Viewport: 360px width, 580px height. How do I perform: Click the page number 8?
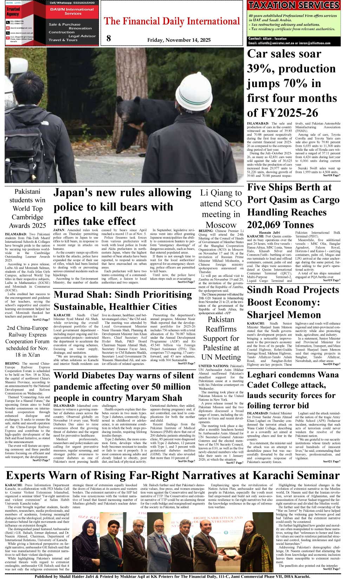[x=109, y=38]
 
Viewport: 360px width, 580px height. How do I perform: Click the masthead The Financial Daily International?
[x=172, y=21]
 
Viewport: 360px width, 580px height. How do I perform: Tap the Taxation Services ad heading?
[x=293, y=5]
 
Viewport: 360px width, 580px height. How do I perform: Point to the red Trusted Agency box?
[x=13, y=12]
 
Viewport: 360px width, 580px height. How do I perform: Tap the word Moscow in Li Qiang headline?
[x=221, y=225]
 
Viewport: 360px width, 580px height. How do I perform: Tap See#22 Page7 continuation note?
[x=332, y=569]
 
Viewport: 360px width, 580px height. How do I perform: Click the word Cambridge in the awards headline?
[x=27, y=217]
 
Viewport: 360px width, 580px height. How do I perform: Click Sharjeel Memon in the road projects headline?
[x=284, y=315]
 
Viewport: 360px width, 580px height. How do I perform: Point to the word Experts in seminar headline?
[x=26, y=476]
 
